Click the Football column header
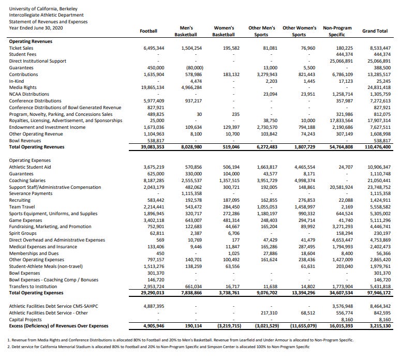click(x=149, y=31)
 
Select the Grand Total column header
click(x=375, y=31)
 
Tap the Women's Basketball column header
click(x=224, y=31)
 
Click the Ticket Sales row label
click(x=22, y=48)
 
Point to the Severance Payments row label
click(x=31, y=193)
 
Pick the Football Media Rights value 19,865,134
click(x=152, y=87)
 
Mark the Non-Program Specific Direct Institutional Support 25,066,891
click(x=340, y=61)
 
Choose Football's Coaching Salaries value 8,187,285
click(x=153, y=181)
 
